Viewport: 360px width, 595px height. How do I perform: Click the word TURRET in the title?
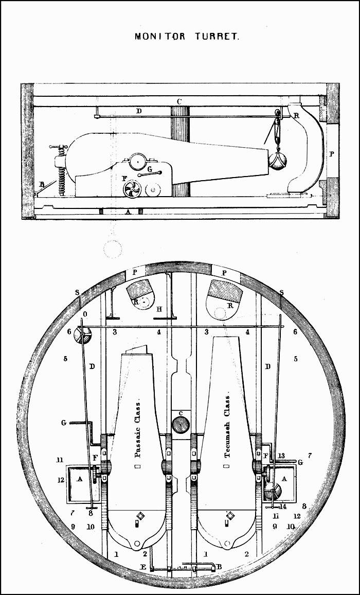click(216, 37)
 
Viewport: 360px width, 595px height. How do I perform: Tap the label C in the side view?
click(178, 101)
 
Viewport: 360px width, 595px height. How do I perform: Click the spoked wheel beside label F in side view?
click(132, 190)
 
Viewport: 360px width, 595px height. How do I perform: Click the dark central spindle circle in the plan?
click(181, 425)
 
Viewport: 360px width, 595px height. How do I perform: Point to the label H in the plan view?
click(159, 309)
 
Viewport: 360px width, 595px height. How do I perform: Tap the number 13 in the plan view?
click(281, 456)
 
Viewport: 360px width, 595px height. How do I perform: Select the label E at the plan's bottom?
click(143, 567)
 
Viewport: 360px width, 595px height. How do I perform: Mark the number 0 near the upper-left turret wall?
click(85, 314)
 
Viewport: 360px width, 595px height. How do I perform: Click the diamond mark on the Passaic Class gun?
click(139, 515)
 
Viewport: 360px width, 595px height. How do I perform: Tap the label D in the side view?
click(138, 111)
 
